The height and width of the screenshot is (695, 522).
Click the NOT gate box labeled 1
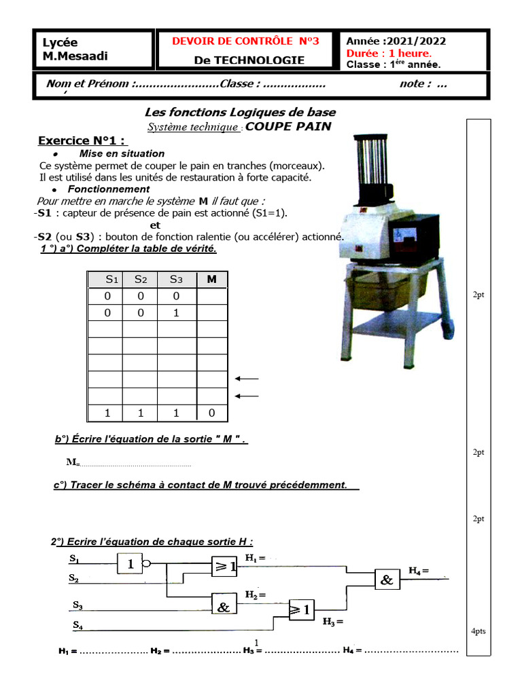(x=130, y=563)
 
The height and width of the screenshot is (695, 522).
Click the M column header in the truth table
(x=211, y=280)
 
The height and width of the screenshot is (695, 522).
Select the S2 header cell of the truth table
(x=141, y=280)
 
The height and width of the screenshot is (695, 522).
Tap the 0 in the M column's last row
(x=211, y=413)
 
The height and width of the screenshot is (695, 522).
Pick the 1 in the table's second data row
(x=176, y=313)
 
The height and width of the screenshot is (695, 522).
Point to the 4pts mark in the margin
(x=478, y=631)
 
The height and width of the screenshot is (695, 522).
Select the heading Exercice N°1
(x=82, y=141)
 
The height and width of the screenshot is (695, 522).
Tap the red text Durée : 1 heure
(x=388, y=54)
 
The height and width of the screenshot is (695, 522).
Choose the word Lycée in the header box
(x=60, y=42)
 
